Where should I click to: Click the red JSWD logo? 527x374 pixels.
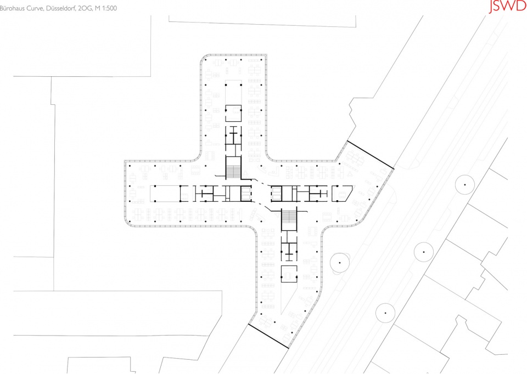click(x=507, y=7)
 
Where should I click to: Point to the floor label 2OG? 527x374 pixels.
click(x=85, y=8)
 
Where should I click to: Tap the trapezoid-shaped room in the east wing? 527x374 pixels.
click(x=342, y=194)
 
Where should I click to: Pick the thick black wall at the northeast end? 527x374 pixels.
click(x=370, y=155)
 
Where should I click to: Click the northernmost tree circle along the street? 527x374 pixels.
click(x=465, y=185)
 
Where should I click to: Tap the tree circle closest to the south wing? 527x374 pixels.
click(x=340, y=263)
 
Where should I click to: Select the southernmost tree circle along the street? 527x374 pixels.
click(x=385, y=313)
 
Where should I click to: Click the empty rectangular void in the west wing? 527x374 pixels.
click(x=165, y=194)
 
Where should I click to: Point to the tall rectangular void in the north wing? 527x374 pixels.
click(x=233, y=92)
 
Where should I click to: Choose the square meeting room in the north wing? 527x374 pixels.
click(x=233, y=113)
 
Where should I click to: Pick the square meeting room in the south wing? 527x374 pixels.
click(x=289, y=274)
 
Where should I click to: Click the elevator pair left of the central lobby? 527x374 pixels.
click(x=246, y=194)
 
